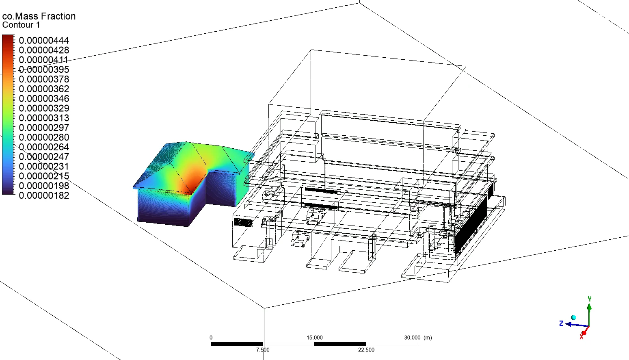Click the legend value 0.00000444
click(44, 41)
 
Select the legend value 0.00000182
click(44, 195)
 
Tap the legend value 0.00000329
click(44, 108)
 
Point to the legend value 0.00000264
click(44, 147)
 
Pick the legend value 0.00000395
click(44, 69)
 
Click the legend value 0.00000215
click(44, 176)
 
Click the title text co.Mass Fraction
click(39, 16)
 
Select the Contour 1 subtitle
click(21, 25)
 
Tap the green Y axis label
click(590, 299)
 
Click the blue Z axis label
click(561, 323)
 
